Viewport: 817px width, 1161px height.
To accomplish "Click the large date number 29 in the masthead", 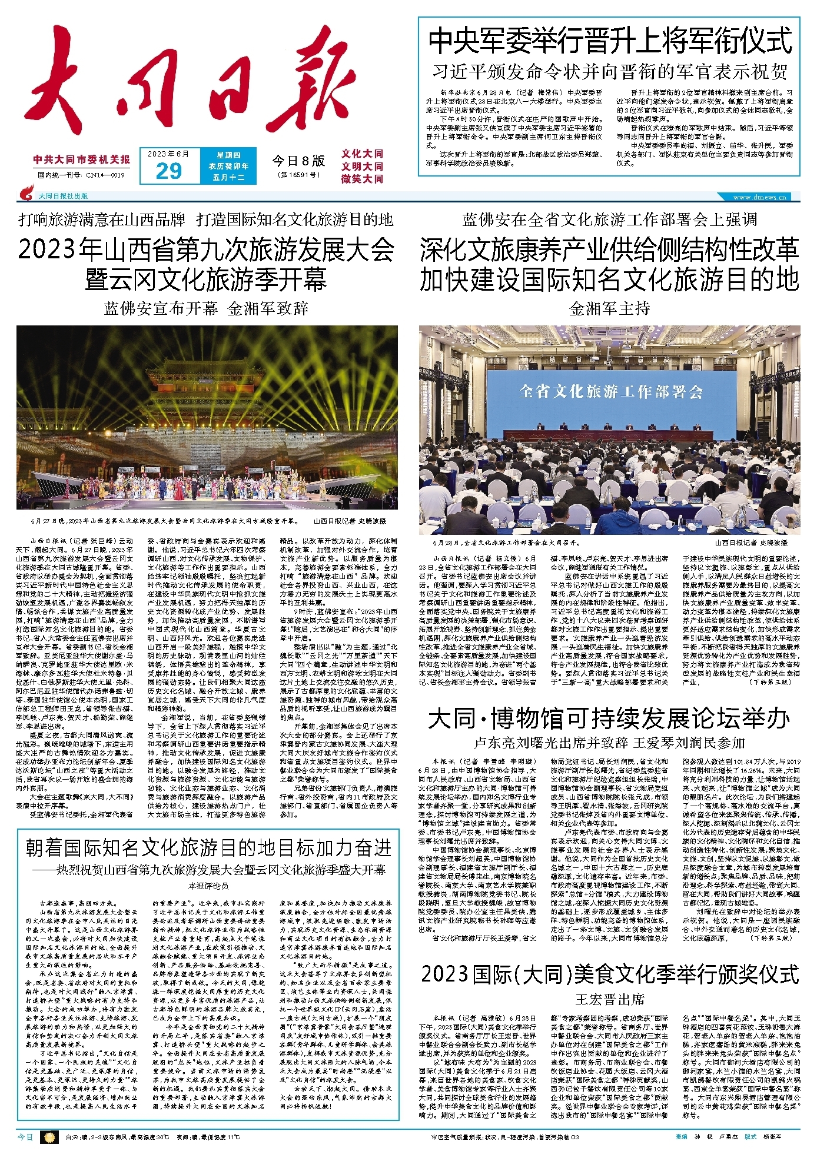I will pos(168,171).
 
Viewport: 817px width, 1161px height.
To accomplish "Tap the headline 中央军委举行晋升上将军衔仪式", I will pos(610,41).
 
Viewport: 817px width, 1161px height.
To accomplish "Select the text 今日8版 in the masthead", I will pos(298,161).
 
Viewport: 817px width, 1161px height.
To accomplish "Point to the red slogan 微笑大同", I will pos(362,179).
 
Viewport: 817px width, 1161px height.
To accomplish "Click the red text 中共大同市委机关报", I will pos(82,159).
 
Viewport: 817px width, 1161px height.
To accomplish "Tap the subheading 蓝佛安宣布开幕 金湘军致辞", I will pos(206,308).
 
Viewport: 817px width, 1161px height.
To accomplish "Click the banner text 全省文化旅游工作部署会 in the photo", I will pos(610,391).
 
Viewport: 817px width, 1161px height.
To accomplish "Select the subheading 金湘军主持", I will pos(609,308).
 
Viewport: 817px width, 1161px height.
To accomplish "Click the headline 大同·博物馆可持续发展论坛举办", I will pos(609,719).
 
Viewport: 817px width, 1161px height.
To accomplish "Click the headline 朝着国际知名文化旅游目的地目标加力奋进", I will pos(208,848).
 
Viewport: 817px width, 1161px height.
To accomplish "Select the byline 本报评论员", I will pos(208,886).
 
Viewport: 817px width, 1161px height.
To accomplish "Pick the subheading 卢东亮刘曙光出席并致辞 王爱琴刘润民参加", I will pos(609,743).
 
